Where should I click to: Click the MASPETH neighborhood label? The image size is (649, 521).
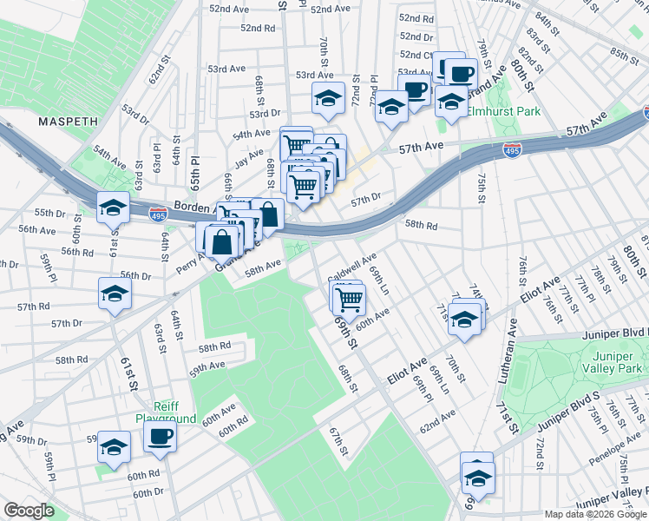coord(67,122)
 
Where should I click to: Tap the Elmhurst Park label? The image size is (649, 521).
coord(503,111)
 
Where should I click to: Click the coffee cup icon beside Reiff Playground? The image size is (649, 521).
coord(160,437)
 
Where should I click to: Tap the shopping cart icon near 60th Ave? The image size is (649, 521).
coord(349,300)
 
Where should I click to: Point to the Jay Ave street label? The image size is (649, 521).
coord(249,155)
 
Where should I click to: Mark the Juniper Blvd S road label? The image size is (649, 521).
coord(569,412)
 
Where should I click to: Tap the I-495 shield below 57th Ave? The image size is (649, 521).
coord(512,151)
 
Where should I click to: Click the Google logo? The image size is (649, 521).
coord(30,511)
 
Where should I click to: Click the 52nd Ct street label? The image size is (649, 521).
coord(416,55)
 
